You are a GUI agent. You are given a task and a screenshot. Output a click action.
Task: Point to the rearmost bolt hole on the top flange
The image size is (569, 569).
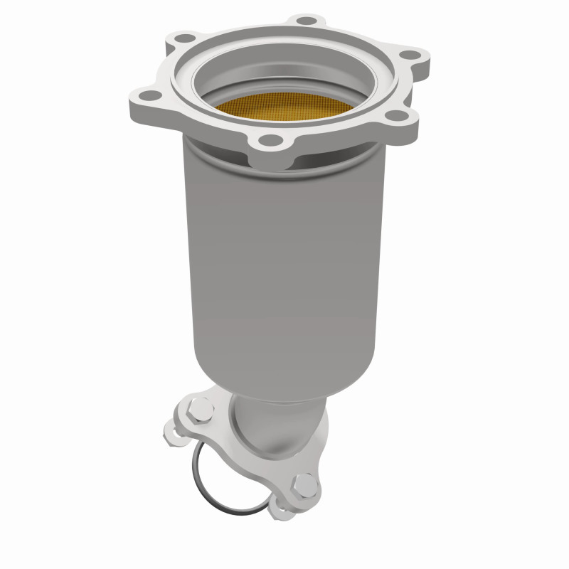304,21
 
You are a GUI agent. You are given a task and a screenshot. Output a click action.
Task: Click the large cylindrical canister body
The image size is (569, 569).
284,249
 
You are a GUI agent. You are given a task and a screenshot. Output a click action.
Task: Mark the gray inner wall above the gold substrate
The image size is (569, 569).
284,68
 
